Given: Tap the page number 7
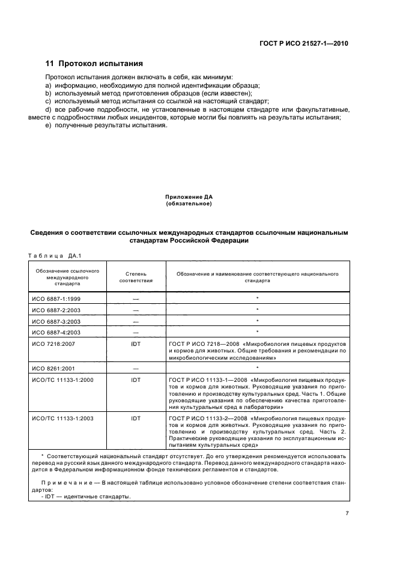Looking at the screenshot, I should point(347,512).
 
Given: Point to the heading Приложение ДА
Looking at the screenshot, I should point(189,198).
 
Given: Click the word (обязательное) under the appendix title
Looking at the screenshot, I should point(189,204).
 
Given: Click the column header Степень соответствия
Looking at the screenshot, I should point(136,277).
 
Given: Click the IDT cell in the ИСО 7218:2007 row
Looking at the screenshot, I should point(136,342).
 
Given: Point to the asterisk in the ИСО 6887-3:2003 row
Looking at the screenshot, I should point(257,321).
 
